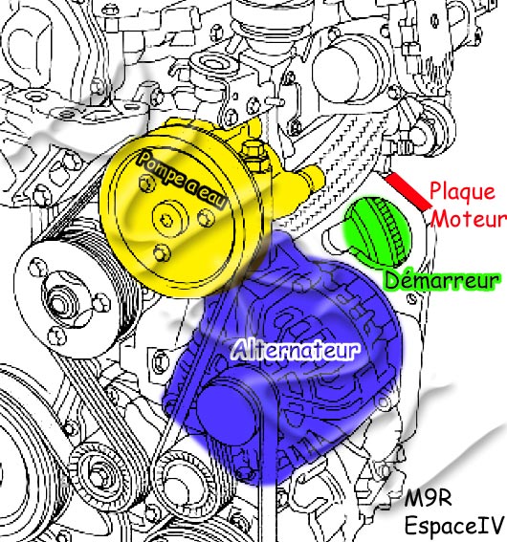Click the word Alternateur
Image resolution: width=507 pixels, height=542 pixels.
point(296,350)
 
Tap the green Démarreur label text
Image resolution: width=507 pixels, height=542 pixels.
point(442,280)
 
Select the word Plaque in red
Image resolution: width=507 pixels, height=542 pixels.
point(462,192)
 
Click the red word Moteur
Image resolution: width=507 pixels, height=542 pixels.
point(469,219)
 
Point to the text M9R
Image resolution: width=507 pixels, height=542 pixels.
point(429,498)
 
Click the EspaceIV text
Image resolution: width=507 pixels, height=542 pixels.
point(453,526)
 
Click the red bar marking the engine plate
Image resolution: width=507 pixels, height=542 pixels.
point(408,192)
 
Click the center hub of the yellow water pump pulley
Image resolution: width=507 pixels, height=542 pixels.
point(170,219)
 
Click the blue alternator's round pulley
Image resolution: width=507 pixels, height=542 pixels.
point(227,411)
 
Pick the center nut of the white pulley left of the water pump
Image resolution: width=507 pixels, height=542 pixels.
point(58,303)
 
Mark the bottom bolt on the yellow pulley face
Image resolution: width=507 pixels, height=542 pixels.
point(162,253)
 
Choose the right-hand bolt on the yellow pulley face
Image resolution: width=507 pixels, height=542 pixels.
point(206,218)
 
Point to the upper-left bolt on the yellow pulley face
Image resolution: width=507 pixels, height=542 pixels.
point(147,182)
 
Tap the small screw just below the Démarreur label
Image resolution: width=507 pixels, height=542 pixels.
point(411,298)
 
